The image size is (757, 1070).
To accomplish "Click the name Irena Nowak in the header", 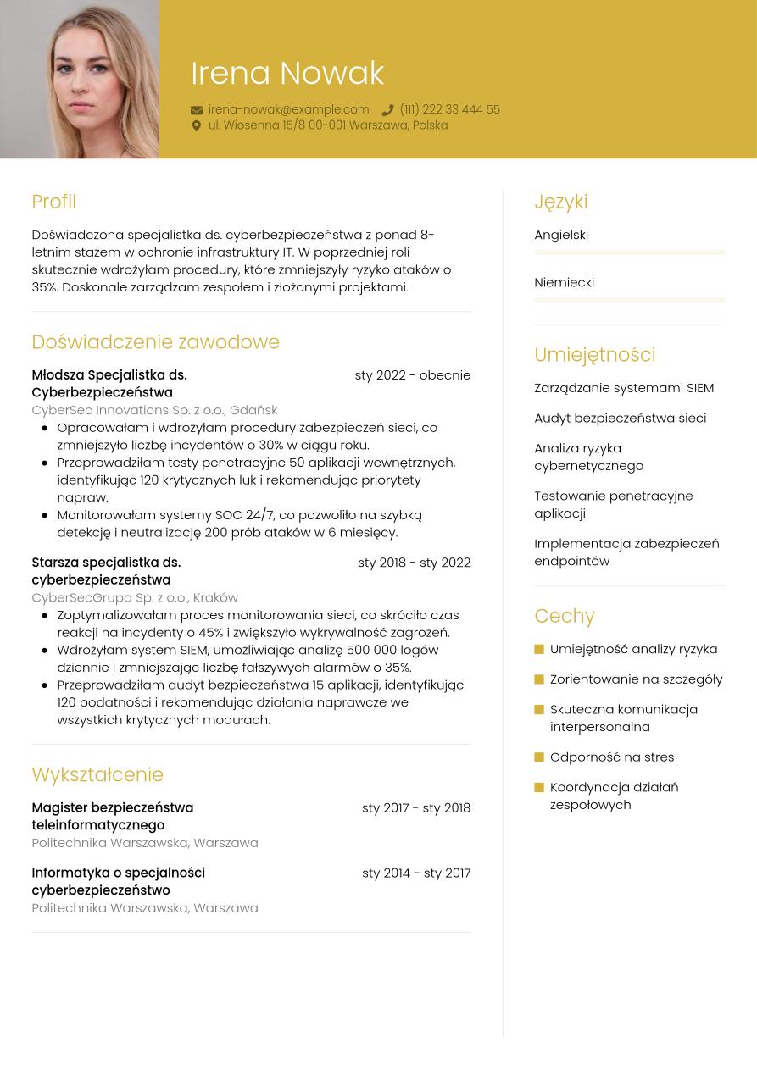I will tap(287, 74).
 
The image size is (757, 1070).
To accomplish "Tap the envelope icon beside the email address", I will tap(197, 110).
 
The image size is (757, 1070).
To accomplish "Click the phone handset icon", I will tap(387, 110).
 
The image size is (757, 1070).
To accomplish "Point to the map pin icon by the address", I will tap(197, 126).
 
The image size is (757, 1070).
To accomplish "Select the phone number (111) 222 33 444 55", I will tap(449, 110).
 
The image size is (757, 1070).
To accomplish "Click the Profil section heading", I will tap(53, 202).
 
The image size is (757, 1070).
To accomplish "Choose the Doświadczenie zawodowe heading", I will tap(155, 342).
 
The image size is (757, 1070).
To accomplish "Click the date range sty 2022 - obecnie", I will tap(412, 375).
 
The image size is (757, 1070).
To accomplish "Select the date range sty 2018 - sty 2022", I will tap(414, 563).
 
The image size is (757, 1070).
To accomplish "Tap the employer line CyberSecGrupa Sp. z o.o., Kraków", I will tap(135, 597).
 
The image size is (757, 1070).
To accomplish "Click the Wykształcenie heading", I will tap(97, 775).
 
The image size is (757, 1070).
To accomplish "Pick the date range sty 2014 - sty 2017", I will tap(415, 873).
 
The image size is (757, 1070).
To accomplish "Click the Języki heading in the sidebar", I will tap(560, 202).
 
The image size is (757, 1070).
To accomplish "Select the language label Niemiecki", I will tap(564, 282).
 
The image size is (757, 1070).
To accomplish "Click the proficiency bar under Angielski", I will tap(629, 252).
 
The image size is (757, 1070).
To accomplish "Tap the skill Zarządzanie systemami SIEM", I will tap(624, 388).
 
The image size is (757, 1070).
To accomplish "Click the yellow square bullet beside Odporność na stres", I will tap(539, 757).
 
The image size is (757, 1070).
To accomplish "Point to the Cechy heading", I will tap(565, 616).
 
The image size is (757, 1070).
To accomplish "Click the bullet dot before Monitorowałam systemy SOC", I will tap(44, 515).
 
